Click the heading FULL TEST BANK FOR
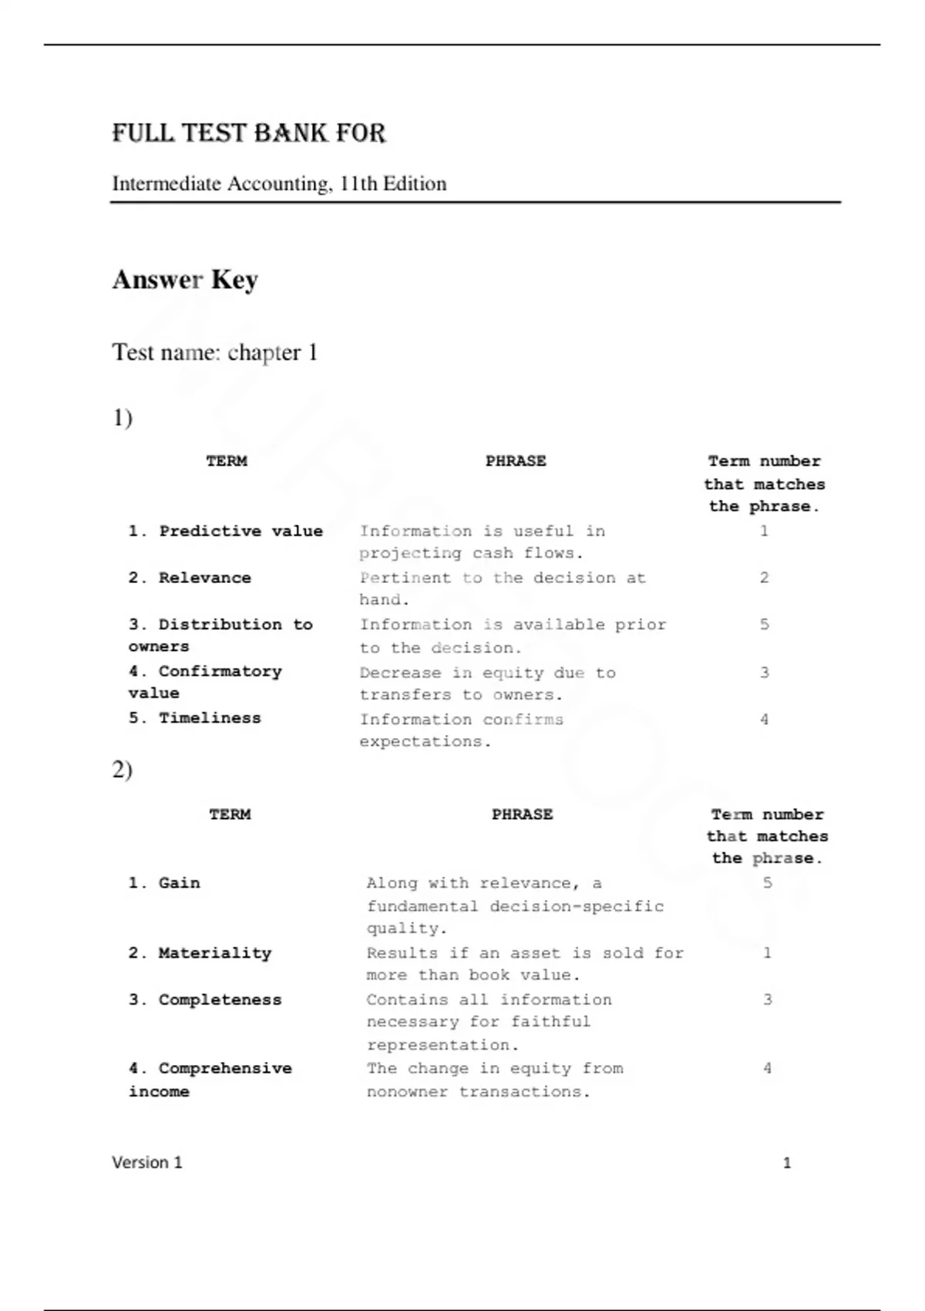click(248, 133)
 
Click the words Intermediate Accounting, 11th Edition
click(279, 184)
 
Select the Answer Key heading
click(185, 279)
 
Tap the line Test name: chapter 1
click(214, 352)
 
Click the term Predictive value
click(226, 531)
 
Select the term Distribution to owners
click(220, 635)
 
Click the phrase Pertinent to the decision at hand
click(502, 588)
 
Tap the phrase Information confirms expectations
click(461, 730)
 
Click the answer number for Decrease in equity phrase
click(764, 672)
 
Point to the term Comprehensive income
click(210, 1080)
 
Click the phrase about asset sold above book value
click(525, 964)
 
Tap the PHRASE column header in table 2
click(522, 814)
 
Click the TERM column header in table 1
click(227, 461)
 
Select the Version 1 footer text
click(147, 1163)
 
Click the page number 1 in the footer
click(786, 1163)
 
